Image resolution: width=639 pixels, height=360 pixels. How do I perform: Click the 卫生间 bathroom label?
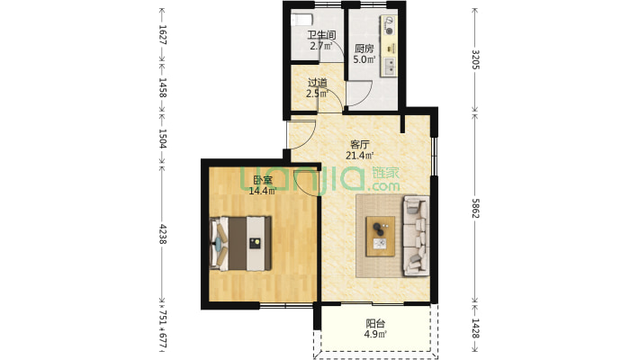[x=321, y=35]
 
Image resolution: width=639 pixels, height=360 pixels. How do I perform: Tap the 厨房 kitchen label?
[x=364, y=49]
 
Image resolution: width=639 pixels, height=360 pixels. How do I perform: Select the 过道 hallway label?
[x=318, y=83]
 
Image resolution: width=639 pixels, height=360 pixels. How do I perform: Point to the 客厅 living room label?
[x=360, y=145]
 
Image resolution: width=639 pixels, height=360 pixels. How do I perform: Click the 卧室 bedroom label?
[x=263, y=180]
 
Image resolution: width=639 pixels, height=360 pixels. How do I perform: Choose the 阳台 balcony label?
[x=375, y=324]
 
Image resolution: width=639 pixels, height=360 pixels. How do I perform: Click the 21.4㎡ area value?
[x=360, y=156]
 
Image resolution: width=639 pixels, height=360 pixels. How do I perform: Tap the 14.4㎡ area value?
[x=263, y=191]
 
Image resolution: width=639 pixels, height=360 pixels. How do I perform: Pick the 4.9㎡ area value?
[x=375, y=335]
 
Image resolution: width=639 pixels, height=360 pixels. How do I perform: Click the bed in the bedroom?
[x=240, y=243]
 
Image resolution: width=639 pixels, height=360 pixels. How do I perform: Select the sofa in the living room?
[x=416, y=236]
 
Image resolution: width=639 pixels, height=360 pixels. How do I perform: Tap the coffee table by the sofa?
[x=381, y=237]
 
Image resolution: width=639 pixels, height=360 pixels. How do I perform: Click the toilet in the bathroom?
[x=302, y=20]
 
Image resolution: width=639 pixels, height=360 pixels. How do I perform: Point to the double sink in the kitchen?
[x=390, y=67]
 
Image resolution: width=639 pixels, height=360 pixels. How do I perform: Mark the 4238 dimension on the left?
[x=163, y=234]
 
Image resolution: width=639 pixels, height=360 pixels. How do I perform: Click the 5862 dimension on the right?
[x=475, y=208]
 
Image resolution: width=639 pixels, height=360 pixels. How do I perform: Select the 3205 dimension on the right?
[x=475, y=59]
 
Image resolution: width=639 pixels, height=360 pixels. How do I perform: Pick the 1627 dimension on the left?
[x=163, y=35]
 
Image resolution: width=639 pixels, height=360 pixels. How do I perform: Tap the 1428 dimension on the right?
[x=475, y=328]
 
